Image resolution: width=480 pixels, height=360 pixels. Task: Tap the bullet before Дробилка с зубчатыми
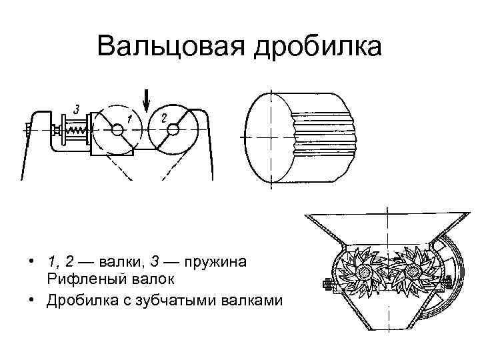tap(31, 300)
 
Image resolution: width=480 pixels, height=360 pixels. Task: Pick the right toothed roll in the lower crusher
tap(412, 271)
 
